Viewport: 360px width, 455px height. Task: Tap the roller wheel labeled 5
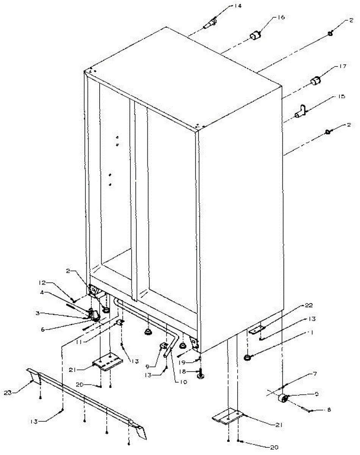tap(282, 398)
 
